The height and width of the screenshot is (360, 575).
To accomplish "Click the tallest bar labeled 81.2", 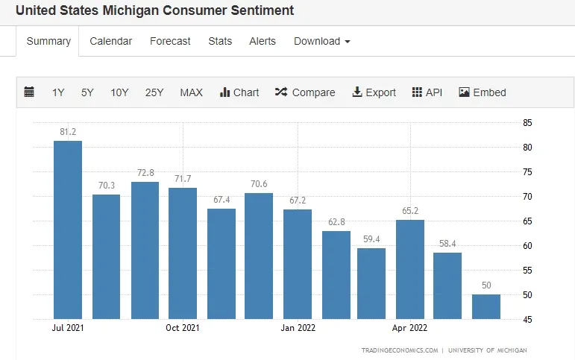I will [68, 230].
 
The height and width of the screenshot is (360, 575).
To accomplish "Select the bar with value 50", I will [486, 306].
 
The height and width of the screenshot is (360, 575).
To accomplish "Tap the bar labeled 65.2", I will [409, 269].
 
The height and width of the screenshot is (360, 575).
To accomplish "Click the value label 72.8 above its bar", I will [145, 173].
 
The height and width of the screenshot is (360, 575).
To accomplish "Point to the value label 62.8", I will [336, 222].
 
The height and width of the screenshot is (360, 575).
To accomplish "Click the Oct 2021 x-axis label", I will [182, 327].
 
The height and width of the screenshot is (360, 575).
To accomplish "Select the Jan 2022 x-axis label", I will [298, 327].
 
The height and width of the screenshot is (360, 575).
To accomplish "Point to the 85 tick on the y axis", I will [527, 122].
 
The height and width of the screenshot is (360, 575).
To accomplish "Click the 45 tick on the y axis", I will [527, 320].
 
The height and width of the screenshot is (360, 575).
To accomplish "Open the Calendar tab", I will [110, 41].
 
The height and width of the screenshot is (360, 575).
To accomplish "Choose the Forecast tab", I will [170, 41].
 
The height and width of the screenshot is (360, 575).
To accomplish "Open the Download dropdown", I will [321, 41].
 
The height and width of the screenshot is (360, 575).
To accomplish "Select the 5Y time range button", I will [87, 92].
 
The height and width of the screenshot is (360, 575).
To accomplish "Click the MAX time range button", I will [191, 92].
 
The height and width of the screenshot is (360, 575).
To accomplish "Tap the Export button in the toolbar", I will [374, 92].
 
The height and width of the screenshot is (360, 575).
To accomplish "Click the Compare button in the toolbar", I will [305, 92].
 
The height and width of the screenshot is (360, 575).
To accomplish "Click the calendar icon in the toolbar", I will [29, 92].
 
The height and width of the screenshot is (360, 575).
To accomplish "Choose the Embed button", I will [483, 92].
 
